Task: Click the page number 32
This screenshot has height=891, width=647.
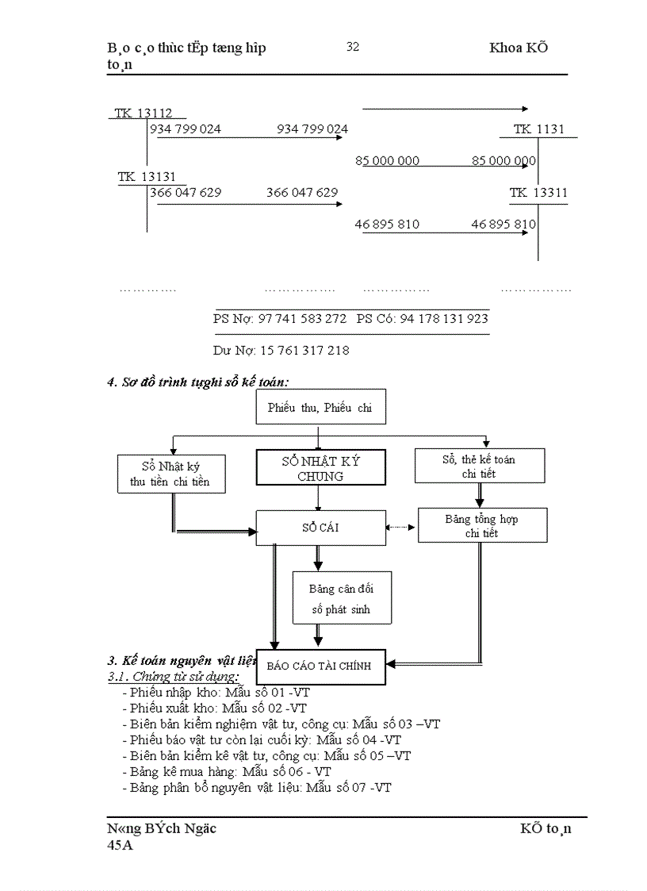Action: (353, 47)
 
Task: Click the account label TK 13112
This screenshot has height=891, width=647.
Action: (144, 113)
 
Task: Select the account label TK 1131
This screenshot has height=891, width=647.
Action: (539, 129)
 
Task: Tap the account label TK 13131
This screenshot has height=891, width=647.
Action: (147, 177)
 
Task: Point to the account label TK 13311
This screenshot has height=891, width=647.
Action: (538, 193)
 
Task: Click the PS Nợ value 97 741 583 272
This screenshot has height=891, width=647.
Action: (302, 318)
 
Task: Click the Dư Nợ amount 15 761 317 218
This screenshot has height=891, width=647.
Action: (304, 350)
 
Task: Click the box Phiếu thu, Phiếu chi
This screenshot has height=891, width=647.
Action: (320, 408)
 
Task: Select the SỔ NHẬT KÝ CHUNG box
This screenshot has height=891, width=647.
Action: (320, 468)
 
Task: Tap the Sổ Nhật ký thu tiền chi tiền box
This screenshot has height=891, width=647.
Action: (170, 474)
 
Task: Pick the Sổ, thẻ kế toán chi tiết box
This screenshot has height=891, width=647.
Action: (479, 466)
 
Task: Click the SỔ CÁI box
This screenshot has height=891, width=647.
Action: (320, 527)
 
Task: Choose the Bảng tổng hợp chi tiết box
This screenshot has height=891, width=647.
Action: (482, 526)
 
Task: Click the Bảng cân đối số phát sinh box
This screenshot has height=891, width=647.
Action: (341, 599)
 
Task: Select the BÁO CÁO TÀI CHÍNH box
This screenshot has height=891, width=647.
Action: (319, 666)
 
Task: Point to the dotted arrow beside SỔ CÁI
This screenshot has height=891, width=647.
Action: (401, 527)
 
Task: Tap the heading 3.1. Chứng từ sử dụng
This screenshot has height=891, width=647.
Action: (174, 677)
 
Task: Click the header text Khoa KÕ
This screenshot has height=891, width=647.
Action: (519, 48)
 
